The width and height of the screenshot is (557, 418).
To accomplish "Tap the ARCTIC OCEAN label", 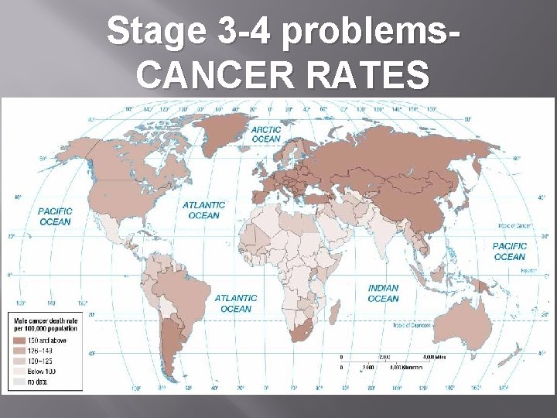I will (265, 134).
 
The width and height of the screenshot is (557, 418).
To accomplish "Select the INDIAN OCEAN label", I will (383, 293).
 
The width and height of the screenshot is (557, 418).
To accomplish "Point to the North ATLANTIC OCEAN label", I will (204, 210).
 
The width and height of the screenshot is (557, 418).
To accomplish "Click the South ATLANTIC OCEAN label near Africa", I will (236, 303).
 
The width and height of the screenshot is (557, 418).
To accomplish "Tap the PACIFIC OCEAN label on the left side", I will (55, 216).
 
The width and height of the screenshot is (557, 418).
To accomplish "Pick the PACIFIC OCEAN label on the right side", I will (509, 252).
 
